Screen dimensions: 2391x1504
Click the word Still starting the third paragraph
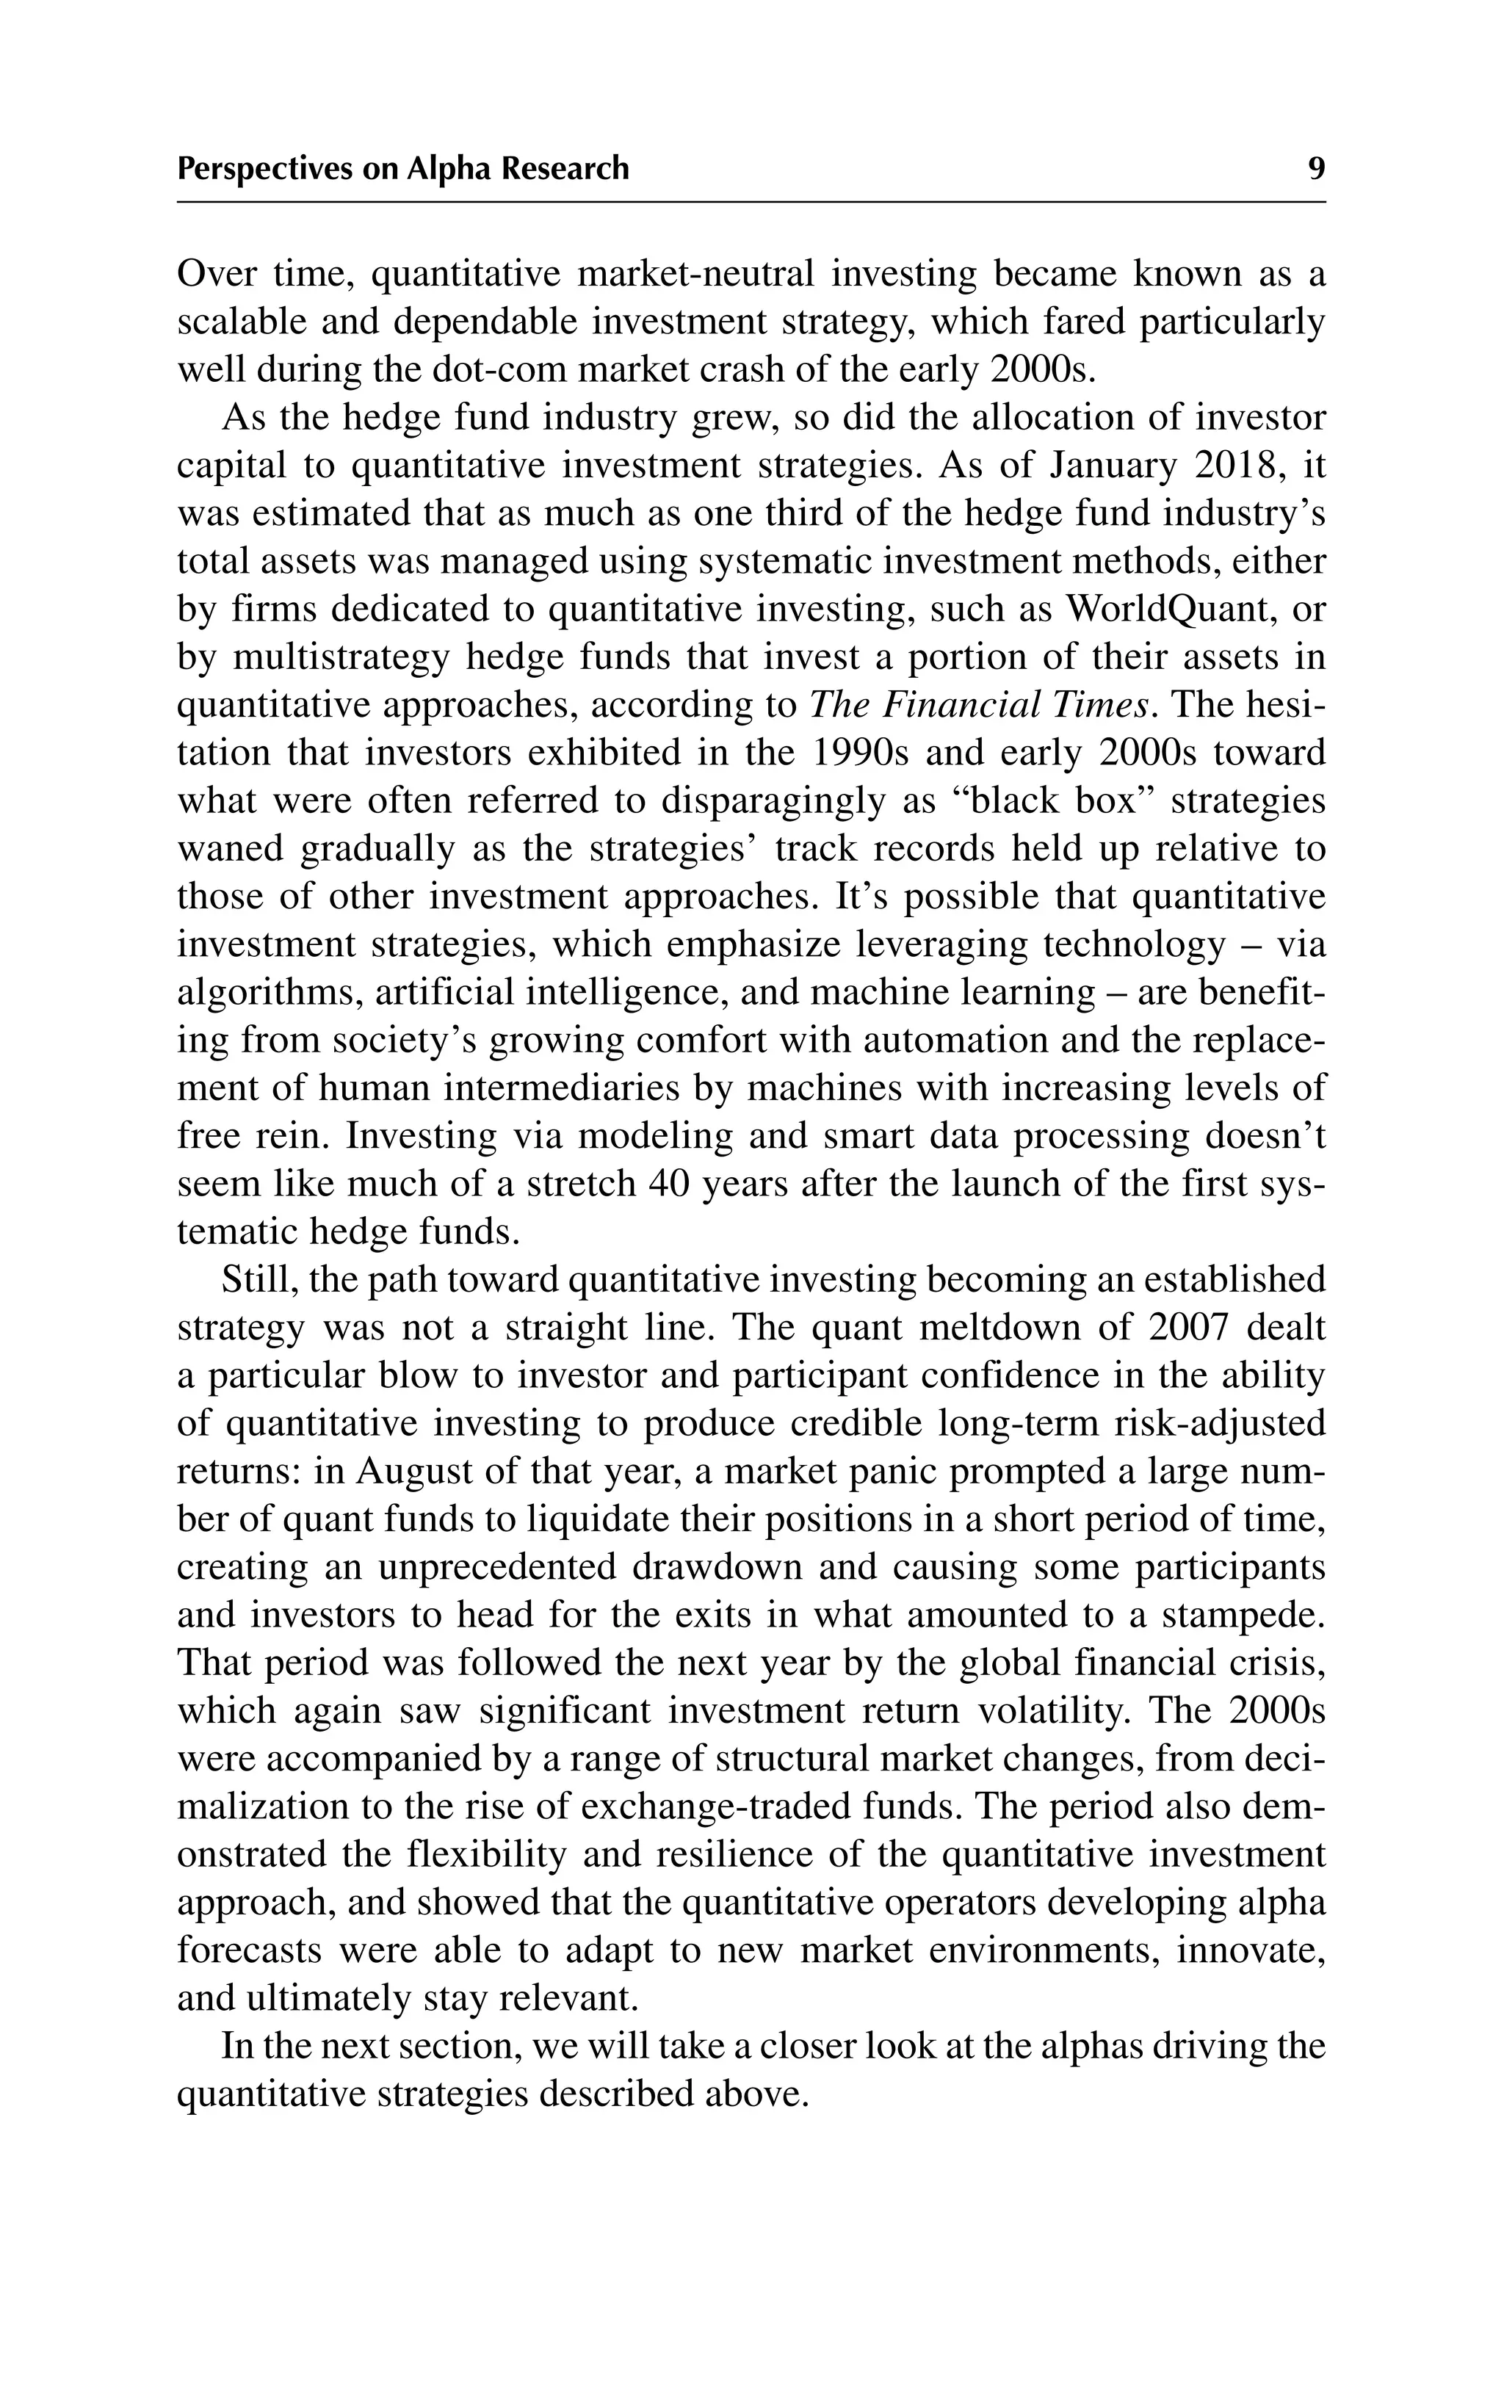[260, 1280]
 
